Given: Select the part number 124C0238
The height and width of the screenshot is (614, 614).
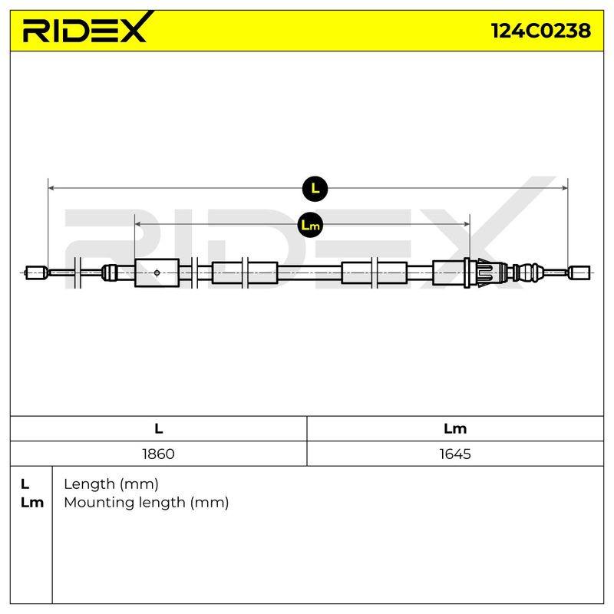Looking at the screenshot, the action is [x=541, y=31].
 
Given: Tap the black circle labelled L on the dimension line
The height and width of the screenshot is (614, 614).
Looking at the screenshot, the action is [x=315, y=188].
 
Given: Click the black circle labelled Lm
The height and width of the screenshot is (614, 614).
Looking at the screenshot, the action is [x=310, y=225].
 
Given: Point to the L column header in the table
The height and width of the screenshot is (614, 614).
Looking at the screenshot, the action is [x=158, y=428].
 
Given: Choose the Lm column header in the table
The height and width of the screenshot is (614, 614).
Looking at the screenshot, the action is [x=455, y=428].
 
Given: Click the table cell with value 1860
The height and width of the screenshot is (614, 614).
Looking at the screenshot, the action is [x=158, y=454].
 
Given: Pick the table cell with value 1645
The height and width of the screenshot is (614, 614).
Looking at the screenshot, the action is [x=455, y=454].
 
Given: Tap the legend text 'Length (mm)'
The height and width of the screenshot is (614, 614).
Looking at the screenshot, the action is [x=111, y=484].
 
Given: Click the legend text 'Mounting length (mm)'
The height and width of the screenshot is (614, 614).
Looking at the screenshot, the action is [x=147, y=503].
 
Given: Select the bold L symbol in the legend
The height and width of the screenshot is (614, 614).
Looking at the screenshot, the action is [x=25, y=484].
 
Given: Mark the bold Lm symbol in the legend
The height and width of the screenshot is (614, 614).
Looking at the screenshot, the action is [x=32, y=503].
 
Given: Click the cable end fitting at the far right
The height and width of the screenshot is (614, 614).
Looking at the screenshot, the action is [x=579, y=272].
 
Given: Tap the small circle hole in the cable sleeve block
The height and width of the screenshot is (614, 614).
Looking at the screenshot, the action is [x=157, y=272].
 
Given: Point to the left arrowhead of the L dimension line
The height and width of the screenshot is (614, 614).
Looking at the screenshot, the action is [x=51, y=188].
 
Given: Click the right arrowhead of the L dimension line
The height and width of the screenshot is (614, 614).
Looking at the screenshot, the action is [x=565, y=188].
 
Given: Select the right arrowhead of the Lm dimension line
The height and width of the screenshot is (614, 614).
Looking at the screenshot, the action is [x=467, y=224].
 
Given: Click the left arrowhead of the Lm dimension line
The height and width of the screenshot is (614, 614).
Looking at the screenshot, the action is [x=137, y=224].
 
